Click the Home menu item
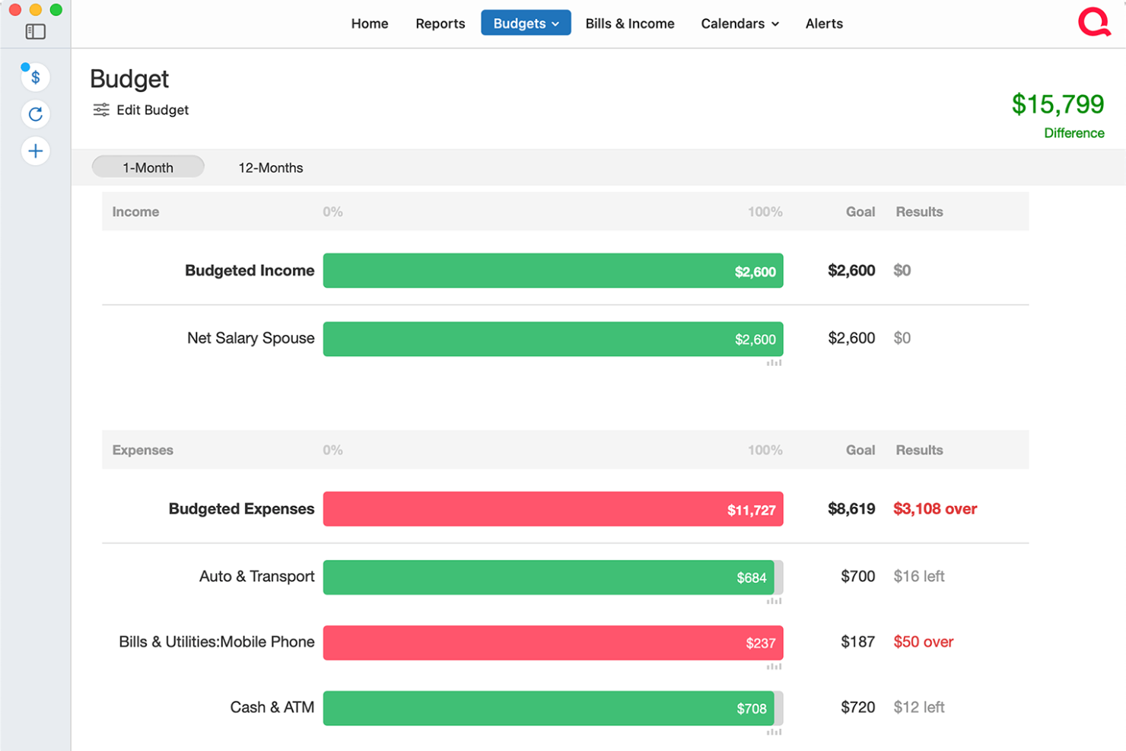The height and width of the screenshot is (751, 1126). pos(370,24)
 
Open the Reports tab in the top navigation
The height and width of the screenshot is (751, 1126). pos(440,24)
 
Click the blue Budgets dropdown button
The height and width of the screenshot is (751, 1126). pos(526,24)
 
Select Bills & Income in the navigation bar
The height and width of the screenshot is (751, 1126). pos(629,24)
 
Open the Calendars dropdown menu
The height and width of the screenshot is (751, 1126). pos(740,24)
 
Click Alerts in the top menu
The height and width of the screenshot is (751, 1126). pos(824,24)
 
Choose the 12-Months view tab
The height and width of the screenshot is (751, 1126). pos(270,168)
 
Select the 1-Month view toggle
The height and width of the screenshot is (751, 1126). pos(148,167)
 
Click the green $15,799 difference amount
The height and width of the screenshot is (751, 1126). pos(1057,104)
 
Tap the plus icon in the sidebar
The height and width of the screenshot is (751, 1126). pos(36,151)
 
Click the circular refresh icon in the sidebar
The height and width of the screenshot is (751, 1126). pos(36,114)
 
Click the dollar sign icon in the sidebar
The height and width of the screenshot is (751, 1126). pos(36,78)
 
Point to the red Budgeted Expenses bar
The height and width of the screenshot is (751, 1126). pos(552,509)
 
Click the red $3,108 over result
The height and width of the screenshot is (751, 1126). pos(934,509)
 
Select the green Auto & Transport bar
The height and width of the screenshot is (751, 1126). pos(548,577)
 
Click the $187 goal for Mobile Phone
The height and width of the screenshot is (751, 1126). pos(857,642)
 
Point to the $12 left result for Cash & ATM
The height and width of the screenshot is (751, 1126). pos(918,708)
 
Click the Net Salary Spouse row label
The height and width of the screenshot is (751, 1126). pos(250,339)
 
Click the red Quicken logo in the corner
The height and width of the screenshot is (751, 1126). pos(1093,22)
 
